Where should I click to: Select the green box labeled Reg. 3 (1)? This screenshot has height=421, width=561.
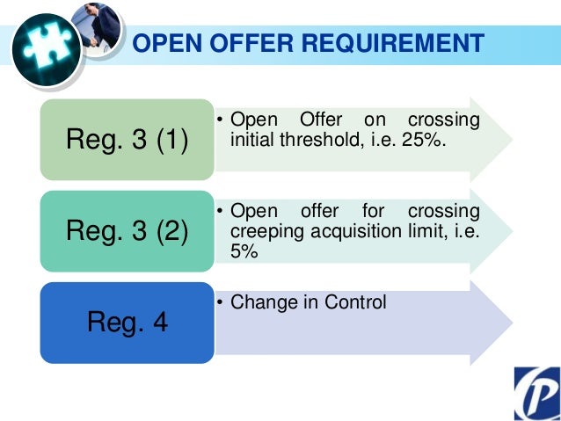pyautogui.click(x=127, y=141)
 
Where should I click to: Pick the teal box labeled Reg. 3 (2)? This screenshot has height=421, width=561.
pyautogui.click(x=127, y=232)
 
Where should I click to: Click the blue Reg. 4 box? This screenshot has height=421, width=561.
pyautogui.click(x=127, y=323)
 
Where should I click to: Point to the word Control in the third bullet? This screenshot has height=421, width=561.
pyautogui.click(x=356, y=302)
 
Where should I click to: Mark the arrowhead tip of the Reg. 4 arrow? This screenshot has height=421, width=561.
pyautogui.click(x=511, y=323)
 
